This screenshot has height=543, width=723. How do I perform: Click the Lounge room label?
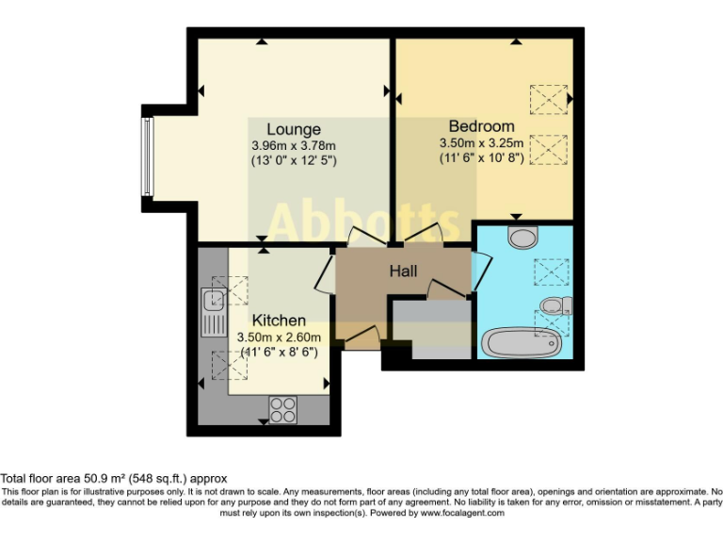point(293,129)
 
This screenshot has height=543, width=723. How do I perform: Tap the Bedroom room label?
point(481,126)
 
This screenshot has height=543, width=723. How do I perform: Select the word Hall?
point(405,271)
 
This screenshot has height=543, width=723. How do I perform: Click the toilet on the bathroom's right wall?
point(556,304)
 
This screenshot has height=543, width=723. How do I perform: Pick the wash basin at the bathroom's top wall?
point(520,236)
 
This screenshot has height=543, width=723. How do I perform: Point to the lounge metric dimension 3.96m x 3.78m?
point(293,145)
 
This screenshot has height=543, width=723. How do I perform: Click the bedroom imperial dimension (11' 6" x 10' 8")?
point(481,158)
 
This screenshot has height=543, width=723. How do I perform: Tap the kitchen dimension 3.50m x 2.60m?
point(279,337)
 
